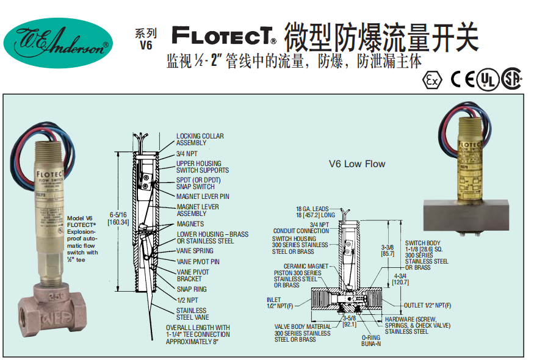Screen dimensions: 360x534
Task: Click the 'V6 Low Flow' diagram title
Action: (357, 164)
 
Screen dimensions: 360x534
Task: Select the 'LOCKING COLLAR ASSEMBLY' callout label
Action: (200, 139)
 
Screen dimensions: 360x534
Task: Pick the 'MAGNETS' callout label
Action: (190, 224)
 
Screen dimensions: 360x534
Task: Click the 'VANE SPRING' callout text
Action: (195, 251)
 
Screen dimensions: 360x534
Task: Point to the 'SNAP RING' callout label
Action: (192, 289)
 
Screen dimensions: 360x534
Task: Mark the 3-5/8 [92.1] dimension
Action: (348, 322)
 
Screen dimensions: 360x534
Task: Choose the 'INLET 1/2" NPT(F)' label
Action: (279, 302)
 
